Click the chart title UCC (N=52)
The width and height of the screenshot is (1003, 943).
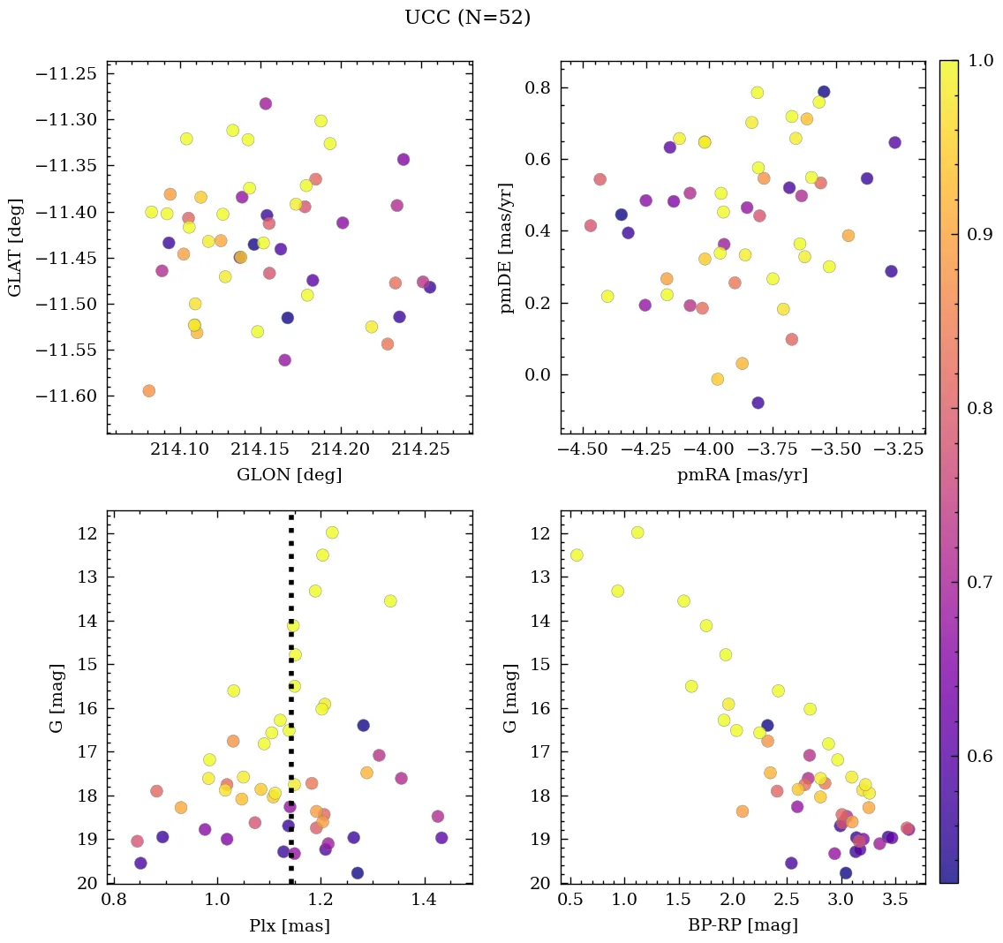(467, 18)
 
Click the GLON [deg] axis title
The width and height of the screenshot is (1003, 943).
(289, 475)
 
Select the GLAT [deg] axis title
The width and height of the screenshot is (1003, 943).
(15, 246)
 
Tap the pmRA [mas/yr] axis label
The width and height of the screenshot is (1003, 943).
(742, 475)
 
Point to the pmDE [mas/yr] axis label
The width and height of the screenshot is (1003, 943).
(506, 246)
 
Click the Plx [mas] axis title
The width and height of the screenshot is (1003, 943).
(289, 925)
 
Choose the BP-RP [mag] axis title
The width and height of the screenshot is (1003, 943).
(742, 925)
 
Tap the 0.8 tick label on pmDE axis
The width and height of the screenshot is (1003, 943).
(539, 88)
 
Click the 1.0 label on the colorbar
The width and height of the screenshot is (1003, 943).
(981, 60)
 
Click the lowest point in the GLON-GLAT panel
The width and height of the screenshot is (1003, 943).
(148, 390)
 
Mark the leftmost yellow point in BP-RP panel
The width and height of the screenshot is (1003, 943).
(577, 554)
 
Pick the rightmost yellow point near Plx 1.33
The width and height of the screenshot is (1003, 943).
(390, 600)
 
